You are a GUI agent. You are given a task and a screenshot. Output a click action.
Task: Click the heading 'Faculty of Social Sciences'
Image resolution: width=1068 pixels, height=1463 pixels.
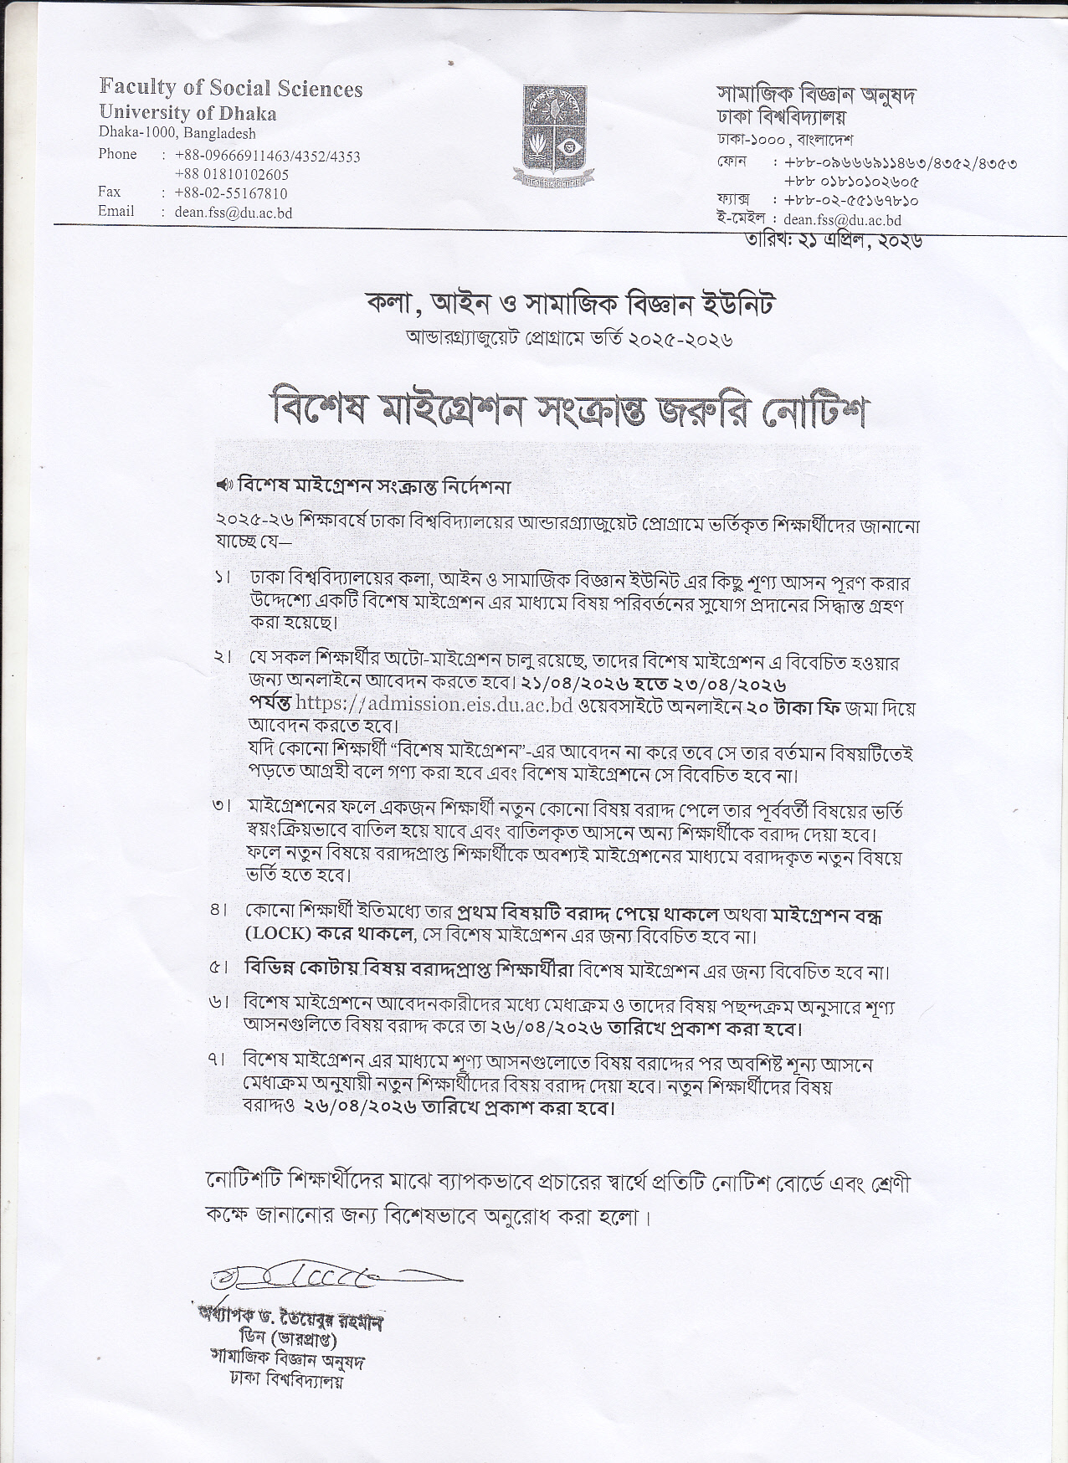click(231, 88)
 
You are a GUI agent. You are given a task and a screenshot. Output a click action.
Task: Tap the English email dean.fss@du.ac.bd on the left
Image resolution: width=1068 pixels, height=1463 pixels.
click(234, 213)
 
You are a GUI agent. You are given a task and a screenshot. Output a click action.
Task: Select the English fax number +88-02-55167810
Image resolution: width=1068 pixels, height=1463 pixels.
click(231, 193)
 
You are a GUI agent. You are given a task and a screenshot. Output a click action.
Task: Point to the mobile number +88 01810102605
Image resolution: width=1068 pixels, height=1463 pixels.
click(232, 174)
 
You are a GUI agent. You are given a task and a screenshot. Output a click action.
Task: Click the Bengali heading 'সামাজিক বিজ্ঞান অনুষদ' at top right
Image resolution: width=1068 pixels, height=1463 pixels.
click(816, 95)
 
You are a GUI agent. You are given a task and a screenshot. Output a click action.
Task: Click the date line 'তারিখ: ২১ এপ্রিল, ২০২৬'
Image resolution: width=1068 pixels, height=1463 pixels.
click(834, 240)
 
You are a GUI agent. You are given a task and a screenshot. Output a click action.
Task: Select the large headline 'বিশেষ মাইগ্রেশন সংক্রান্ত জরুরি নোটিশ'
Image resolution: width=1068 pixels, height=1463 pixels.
click(567, 410)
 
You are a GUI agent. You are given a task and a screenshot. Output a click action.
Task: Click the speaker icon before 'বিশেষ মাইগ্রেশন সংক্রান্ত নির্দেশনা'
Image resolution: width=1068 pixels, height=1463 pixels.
click(223, 485)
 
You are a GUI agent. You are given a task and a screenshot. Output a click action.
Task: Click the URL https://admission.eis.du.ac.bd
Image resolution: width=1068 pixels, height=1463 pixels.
click(434, 706)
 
